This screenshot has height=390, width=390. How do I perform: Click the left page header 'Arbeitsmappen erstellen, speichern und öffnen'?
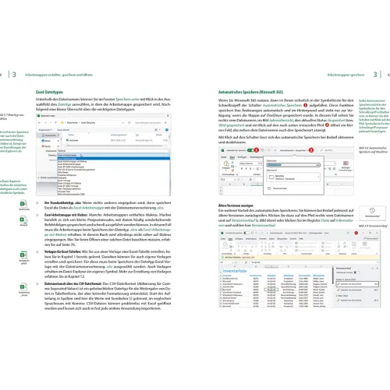click(x=69, y=74)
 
